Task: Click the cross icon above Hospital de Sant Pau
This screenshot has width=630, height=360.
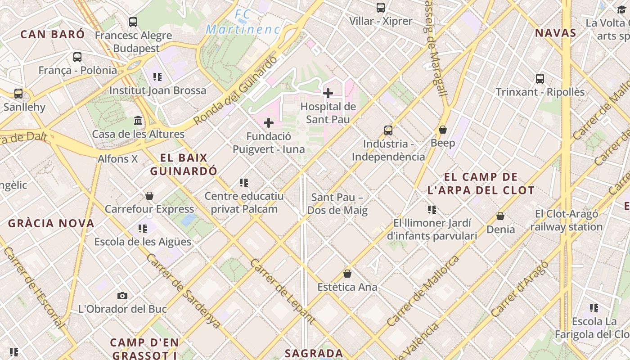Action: (x=328, y=93)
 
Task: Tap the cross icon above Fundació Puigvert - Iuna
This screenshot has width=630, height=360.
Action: (x=269, y=123)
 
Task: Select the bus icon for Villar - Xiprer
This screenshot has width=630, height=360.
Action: (x=381, y=7)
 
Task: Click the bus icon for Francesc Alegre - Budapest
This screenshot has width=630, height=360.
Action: (x=133, y=22)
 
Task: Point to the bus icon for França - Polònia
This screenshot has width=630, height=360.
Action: (x=77, y=57)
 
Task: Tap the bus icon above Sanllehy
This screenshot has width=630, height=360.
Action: (x=18, y=94)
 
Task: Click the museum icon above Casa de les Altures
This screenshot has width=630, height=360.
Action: (x=138, y=121)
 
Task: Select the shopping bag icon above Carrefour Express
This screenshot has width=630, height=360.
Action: (x=149, y=196)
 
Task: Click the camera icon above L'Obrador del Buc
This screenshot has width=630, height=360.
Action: (x=122, y=296)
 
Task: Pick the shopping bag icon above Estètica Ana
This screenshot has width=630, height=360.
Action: (x=347, y=274)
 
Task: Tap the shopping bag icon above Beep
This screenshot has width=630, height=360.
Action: (x=443, y=130)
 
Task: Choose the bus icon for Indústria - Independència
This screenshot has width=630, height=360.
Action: (x=388, y=130)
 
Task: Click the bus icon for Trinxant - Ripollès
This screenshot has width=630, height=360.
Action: (x=540, y=79)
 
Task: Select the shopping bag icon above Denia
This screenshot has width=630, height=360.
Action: (x=500, y=216)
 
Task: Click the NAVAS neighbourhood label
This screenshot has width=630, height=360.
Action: (x=555, y=33)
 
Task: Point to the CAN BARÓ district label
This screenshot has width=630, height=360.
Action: (x=53, y=34)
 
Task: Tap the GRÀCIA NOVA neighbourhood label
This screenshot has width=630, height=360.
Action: (x=51, y=223)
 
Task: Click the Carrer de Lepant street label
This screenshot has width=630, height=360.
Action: (x=282, y=291)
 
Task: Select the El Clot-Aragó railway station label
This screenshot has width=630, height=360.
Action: (x=566, y=220)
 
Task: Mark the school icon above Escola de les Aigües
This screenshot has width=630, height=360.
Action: (x=143, y=229)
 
